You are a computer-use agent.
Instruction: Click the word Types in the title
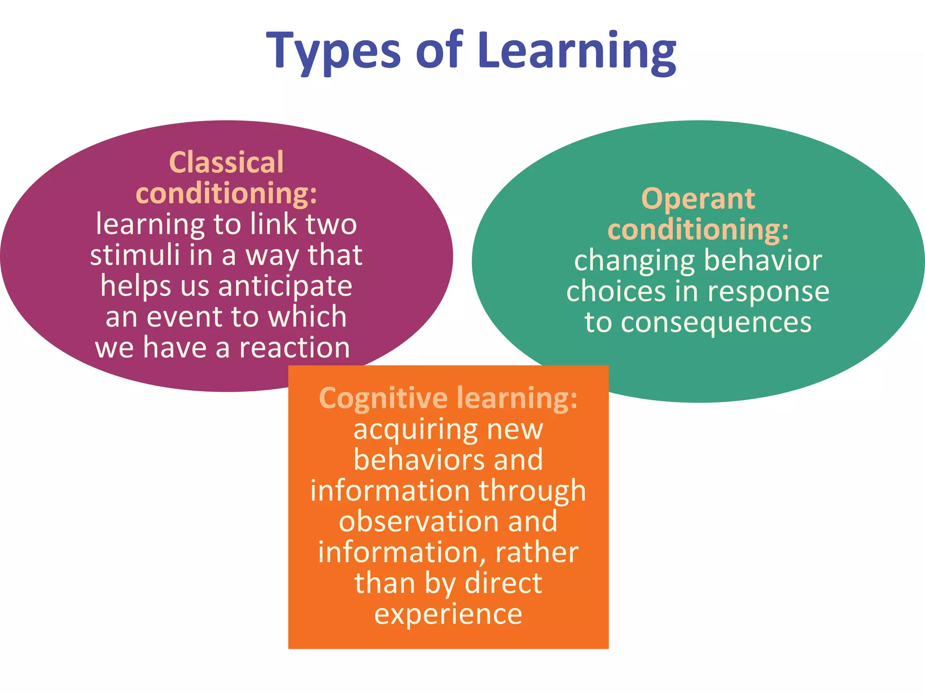point(333,51)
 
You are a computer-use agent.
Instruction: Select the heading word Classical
point(226,162)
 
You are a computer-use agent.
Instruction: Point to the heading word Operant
point(698,199)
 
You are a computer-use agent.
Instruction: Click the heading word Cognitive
point(383,398)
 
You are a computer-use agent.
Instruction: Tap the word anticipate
point(285,286)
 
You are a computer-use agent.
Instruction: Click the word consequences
point(716,322)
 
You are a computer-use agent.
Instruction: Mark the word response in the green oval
point(768,291)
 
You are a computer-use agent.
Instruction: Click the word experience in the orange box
point(448,614)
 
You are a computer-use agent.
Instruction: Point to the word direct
point(503,583)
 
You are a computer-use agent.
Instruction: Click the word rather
point(537,552)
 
